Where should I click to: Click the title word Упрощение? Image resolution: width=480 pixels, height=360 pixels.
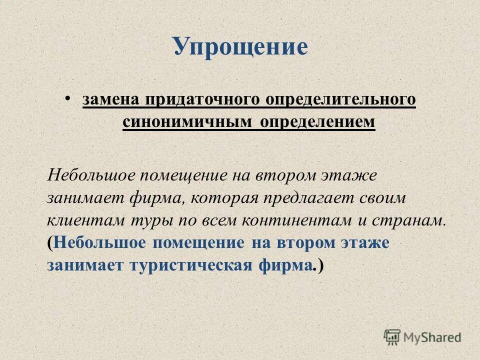pos(240,46)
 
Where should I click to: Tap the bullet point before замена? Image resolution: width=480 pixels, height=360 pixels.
pos(67,95)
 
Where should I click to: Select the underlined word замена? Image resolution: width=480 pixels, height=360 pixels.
pos(110,99)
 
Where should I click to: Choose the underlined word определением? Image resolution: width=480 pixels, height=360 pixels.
pos(317,122)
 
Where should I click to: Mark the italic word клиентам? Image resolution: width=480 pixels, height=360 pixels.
pos(80,220)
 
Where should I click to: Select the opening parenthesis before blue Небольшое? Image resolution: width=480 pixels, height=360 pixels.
pos(50,243)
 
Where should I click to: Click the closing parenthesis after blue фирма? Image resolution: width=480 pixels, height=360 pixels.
pos(320,266)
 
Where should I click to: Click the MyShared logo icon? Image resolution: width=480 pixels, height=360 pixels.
pos(392,336)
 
